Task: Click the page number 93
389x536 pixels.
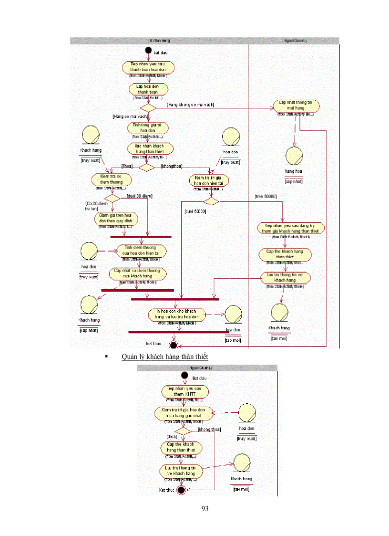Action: [205, 509]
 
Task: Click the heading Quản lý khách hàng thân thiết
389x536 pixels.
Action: [165, 357]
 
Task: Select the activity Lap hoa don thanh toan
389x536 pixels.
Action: [147, 89]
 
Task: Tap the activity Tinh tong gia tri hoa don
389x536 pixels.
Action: [147, 127]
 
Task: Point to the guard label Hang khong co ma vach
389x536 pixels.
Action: [190, 105]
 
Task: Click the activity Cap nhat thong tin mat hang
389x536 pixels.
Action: [296, 105]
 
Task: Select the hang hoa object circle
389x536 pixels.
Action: [294, 156]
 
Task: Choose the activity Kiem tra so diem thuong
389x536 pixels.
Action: [111, 179]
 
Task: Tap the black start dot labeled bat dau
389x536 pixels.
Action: [148, 50]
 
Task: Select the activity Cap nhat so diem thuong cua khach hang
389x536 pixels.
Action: [137, 273]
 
